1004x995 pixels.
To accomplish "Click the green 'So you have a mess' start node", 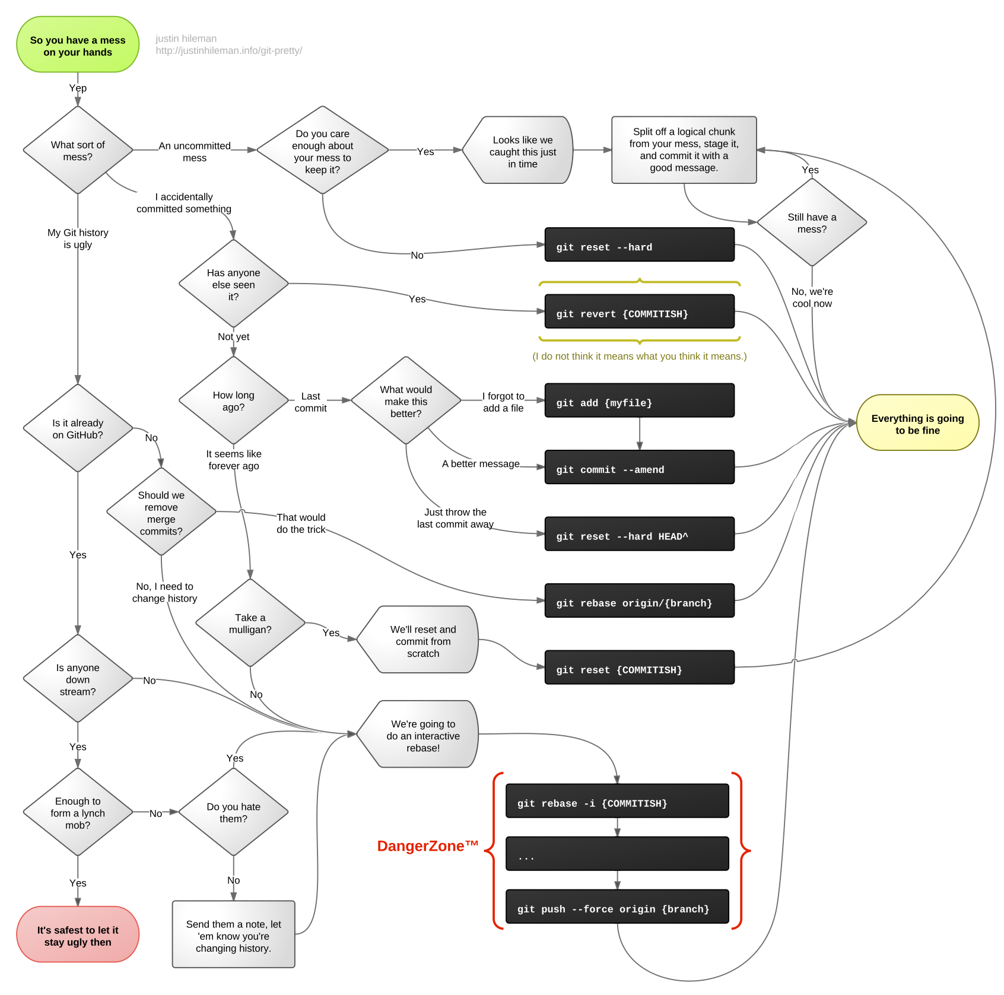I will coord(78,45).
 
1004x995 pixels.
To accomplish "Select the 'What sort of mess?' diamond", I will coord(78,150).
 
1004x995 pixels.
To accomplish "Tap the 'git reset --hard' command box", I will coord(639,244).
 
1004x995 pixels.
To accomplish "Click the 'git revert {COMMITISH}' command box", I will coord(639,311).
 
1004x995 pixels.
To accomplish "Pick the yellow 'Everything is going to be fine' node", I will coord(917,423).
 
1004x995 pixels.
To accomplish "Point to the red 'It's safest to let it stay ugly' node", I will coord(78,934).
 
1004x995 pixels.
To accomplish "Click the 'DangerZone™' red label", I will coord(427,845).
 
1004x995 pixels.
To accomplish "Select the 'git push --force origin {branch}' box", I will coord(617,907).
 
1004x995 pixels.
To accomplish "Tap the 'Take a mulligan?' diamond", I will coord(250,623).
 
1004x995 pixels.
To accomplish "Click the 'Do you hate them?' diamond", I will coord(233,812).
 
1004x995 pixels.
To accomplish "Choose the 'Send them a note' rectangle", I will coord(233,934).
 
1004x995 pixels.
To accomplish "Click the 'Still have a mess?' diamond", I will coord(812,222).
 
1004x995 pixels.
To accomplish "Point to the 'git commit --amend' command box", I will coord(639,468).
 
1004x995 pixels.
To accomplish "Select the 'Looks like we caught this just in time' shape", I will coord(519,151).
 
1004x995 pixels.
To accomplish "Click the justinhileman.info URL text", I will coord(228,51).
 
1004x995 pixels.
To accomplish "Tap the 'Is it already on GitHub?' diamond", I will coord(78,428).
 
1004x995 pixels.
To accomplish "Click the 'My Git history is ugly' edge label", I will coord(78,239).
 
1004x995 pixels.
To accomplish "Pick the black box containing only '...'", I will coord(617,854).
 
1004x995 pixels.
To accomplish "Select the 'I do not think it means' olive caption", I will coord(639,357).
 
